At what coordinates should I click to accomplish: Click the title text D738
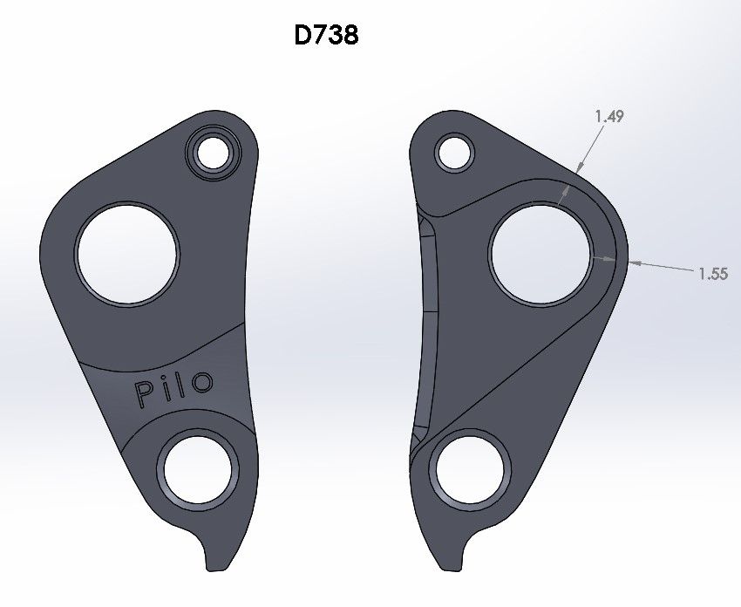pos(327,37)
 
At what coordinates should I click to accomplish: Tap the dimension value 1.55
pos(712,274)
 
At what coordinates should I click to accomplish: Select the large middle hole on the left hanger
pos(126,254)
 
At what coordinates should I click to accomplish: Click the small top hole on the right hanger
pos(455,153)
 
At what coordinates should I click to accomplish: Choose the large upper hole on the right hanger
pos(541,252)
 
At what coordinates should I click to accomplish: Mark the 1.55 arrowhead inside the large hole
pos(593,257)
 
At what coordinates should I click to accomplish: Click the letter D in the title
pos(303,37)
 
